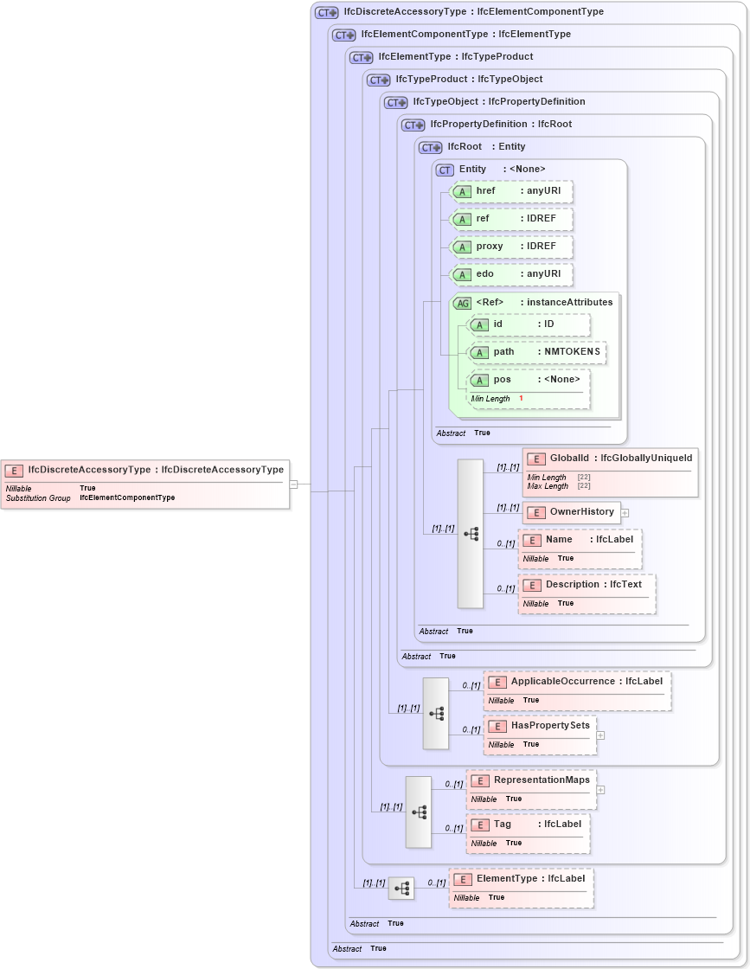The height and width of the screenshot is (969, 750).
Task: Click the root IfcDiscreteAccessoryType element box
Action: click(x=145, y=484)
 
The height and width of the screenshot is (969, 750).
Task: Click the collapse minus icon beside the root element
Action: click(x=293, y=484)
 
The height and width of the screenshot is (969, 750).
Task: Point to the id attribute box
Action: click(x=529, y=324)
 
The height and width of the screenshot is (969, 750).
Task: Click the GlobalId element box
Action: click(x=610, y=472)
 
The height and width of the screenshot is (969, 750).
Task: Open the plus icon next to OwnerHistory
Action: click(x=625, y=512)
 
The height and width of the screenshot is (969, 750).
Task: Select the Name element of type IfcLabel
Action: click(x=580, y=549)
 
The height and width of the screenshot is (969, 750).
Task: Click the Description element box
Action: click(x=587, y=594)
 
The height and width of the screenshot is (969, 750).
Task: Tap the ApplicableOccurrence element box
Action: click(x=577, y=690)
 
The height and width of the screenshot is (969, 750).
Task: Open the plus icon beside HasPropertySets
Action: click(x=600, y=735)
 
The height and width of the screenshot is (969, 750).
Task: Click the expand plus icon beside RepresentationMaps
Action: click(x=600, y=789)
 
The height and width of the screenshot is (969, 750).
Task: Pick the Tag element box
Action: click(x=529, y=833)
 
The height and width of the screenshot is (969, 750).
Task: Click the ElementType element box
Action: click(x=521, y=888)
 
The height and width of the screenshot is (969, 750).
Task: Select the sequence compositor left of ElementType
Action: click(x=401, y=888)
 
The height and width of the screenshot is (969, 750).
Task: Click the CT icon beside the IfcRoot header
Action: click(x=431, y=147)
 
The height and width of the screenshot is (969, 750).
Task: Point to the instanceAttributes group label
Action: click(x=566, y=303)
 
